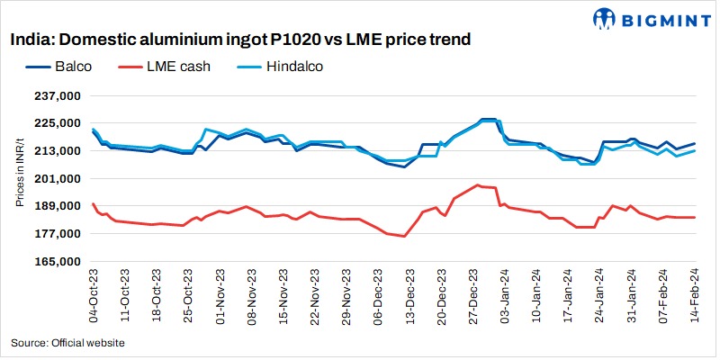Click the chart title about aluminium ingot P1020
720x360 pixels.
240,40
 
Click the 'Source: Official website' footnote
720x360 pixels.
67,343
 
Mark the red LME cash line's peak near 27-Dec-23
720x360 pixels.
478,184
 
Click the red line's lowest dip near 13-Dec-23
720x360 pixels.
405,237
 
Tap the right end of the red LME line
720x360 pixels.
695,217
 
